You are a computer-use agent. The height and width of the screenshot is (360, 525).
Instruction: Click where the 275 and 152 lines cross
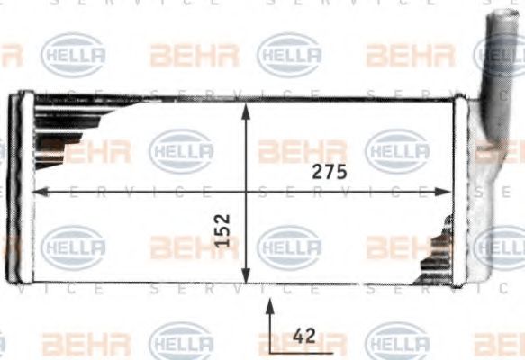click(x=247, y=191)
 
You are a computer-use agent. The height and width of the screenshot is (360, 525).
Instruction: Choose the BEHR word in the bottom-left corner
click(x=86, y=343)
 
